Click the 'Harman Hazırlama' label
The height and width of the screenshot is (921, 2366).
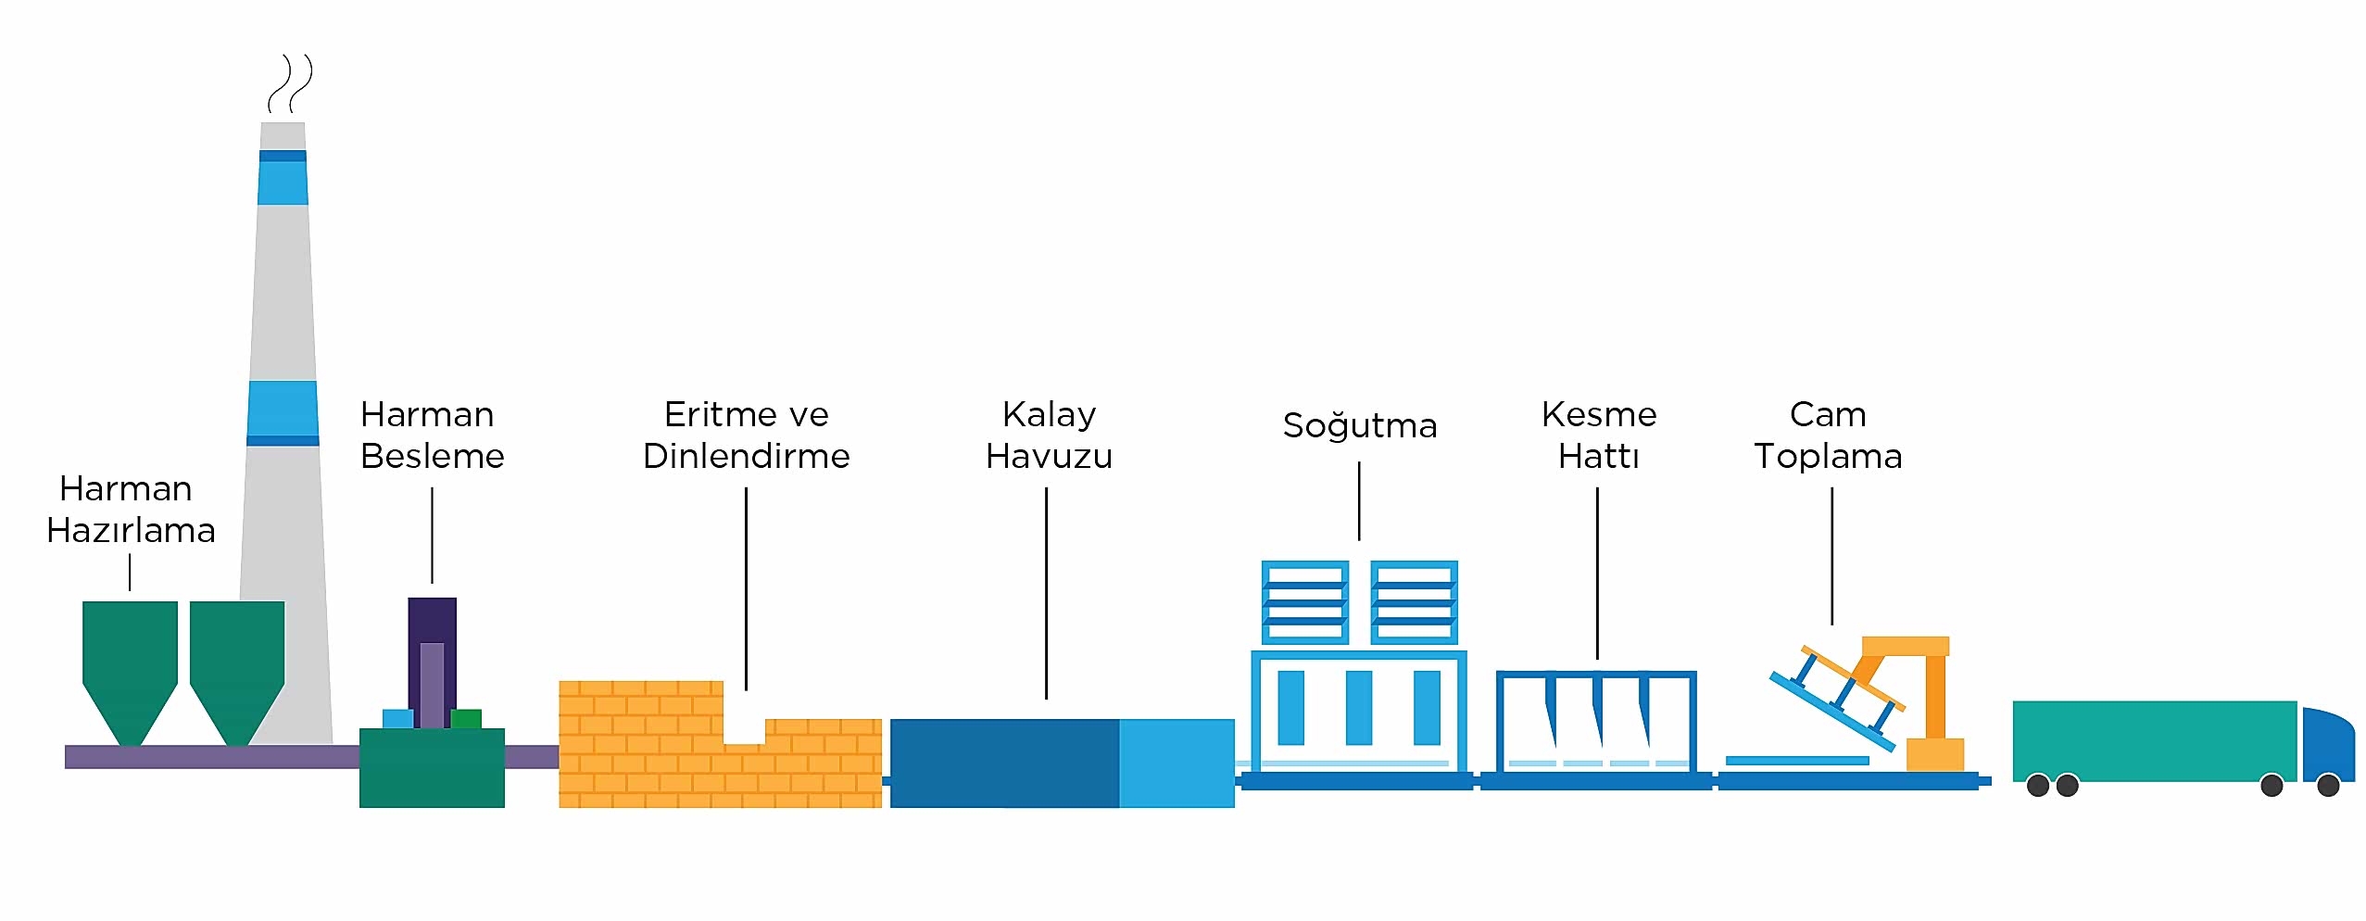(131, 510)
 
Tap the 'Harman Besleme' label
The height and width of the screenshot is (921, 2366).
(432, 435)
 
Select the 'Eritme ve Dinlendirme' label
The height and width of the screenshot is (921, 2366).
(747, 435)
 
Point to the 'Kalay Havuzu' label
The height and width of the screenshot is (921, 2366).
(1049, 435)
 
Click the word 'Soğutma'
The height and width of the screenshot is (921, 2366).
(1359, 426)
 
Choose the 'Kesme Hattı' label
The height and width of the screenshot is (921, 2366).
(1599, 435)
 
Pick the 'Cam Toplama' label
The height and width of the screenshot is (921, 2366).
(1828, 435)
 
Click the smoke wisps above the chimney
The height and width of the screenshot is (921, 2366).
(291, 83)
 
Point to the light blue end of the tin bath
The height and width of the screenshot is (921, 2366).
(1177, 763)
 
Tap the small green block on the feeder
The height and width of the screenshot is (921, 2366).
(466, 719)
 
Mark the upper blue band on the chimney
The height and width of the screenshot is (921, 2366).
(283, 178)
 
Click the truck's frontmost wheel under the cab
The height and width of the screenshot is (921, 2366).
(2329, 786)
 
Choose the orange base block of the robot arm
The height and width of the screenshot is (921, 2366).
(1935, 754)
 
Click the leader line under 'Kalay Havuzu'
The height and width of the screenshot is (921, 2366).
(1047, 593)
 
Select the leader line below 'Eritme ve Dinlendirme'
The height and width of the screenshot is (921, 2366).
(746, 589)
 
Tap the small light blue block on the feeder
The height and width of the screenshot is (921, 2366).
(397, 719)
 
